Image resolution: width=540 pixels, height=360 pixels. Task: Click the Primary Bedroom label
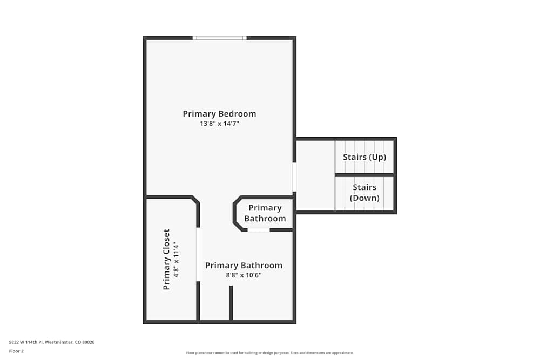(x=219, y=114)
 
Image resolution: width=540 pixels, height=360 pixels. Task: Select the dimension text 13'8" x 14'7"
(x=219, y=124)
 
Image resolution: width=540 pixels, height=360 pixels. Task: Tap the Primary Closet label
(x=166, y=260)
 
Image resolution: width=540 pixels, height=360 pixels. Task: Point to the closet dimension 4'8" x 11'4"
(x=175, y=260)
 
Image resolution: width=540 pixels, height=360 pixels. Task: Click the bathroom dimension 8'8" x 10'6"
(x=244, y=275)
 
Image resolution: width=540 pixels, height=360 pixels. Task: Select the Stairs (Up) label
(x=364, y=157)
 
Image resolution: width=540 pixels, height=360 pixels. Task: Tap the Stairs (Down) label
(x=364, y=193)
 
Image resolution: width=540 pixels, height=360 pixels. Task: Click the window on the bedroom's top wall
(x=219, y=38)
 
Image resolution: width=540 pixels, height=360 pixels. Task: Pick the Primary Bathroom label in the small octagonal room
(x=265, y=213)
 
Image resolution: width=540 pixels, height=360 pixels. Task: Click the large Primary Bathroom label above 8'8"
(x=244, y=265)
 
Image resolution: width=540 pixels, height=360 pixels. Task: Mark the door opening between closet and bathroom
(x=198, y=254)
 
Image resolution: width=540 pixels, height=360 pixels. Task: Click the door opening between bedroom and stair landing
(x=294, y=177)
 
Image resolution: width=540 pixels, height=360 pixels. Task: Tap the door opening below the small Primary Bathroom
(x=259, y=230)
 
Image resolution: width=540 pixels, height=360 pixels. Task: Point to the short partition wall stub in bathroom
(x=231, y=302)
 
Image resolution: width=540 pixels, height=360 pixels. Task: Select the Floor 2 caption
(x=16, y=351)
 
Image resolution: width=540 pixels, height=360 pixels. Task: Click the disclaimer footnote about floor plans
(x=270, y=353)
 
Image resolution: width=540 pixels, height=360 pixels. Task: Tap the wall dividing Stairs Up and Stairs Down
(x=364, y=175)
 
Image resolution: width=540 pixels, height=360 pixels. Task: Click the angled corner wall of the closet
(x=195, y=200)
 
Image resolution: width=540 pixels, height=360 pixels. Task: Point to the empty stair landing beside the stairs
(x=315, y=175)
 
